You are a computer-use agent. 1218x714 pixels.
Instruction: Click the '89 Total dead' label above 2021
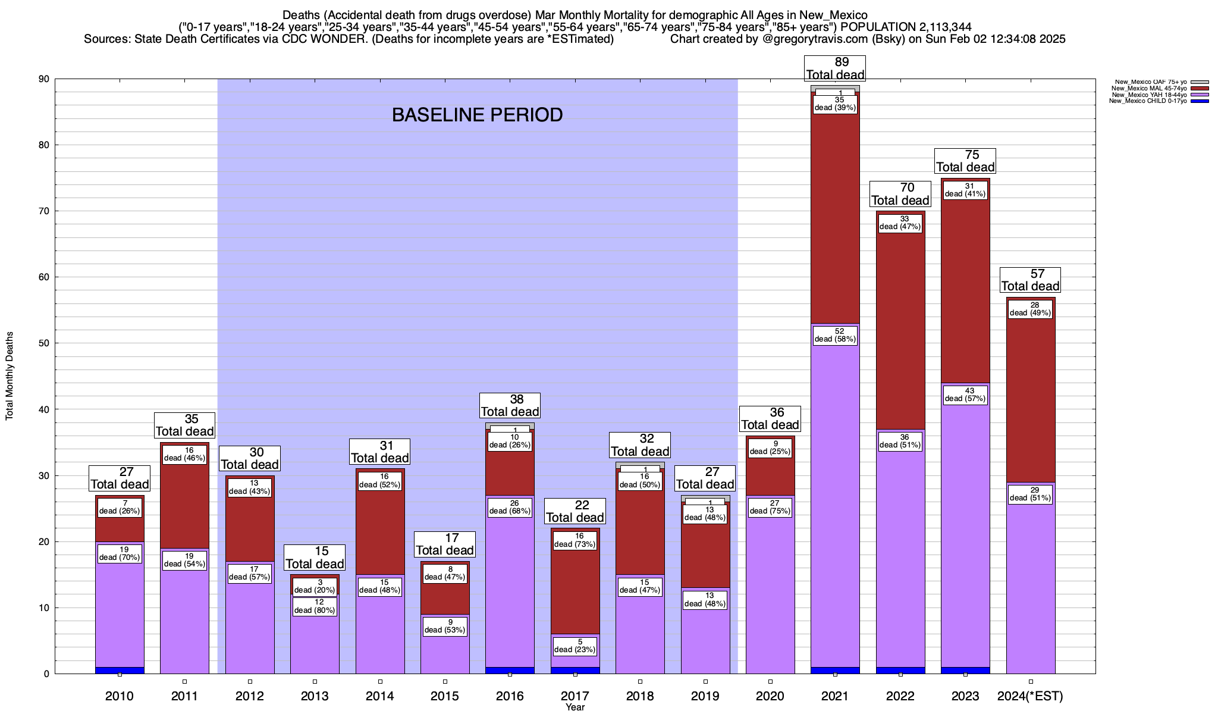(835, 68)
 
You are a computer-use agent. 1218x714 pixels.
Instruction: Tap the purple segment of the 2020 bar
(770, 595)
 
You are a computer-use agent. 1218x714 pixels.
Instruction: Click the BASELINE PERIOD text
(477, 115)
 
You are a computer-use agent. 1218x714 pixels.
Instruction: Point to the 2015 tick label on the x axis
(445, 696)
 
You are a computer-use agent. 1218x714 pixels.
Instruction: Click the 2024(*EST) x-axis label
(1030, 696)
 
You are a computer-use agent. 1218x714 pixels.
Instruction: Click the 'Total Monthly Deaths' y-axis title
(10, 376)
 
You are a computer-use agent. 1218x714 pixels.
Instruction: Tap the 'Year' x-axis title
(575, 707)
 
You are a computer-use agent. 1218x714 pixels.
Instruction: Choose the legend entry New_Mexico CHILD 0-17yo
(1148, 101)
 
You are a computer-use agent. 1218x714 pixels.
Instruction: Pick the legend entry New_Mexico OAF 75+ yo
(1148, 82)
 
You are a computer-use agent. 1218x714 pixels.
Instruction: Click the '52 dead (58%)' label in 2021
(835, 336)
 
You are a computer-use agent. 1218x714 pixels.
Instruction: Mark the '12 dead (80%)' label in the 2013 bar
(315, 606)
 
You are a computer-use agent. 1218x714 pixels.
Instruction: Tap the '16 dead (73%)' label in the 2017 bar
(575, 540)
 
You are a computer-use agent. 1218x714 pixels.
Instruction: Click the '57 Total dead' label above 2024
(1030, 280)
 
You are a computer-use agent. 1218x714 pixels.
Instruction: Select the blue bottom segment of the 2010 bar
(120, 671)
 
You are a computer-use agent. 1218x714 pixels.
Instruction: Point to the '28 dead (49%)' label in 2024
(1030, 309)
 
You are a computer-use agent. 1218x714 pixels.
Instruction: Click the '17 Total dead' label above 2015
(445, 544)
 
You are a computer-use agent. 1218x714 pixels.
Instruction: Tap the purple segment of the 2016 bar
(510, 595)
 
